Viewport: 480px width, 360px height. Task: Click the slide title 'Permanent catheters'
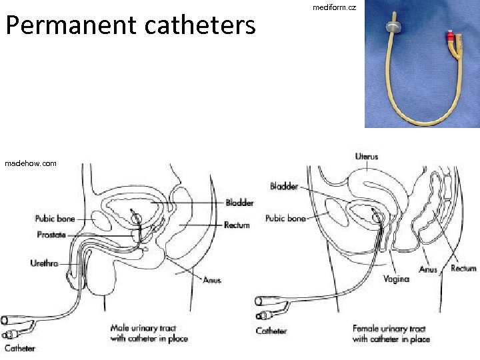tap(131, 25)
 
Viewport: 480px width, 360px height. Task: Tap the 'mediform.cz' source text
tap(334, 7)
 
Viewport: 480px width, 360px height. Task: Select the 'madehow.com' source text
tap(31, 163)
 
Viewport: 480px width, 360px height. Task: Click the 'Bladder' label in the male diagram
tap(239, 203)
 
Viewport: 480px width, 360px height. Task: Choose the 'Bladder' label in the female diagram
tap(284, 186)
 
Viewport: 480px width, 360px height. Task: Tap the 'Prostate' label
tap(51, 235)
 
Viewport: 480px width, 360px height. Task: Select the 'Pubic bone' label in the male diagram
tap(55, 218)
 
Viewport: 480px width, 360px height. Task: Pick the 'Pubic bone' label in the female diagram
tap(285, 218)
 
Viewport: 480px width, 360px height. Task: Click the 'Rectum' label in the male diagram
tap(237, 225)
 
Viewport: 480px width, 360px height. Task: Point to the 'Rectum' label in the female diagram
tap(463, 268)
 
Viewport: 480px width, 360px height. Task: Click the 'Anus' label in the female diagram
tap(428, 270)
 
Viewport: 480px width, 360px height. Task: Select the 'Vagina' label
tap(396, 279)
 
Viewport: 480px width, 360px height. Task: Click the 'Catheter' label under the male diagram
tap(20, 348)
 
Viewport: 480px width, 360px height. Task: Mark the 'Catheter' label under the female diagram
tap(271, 331)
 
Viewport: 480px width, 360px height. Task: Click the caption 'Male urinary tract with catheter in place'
tap(149, 333)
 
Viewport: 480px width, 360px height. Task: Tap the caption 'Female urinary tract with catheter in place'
tap(391, 334)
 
